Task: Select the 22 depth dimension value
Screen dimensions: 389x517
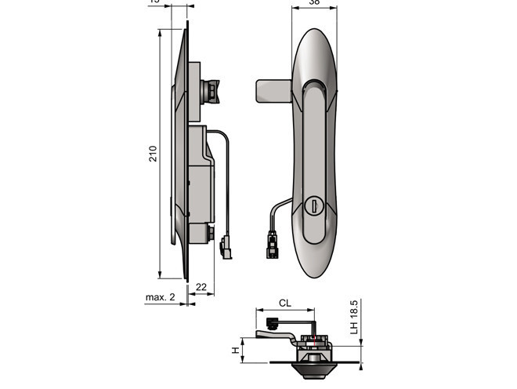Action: pos(201,287)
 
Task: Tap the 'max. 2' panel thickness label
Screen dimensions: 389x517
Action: pos(160,298)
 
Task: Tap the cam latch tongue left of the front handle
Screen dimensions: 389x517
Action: pos(273,91)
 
